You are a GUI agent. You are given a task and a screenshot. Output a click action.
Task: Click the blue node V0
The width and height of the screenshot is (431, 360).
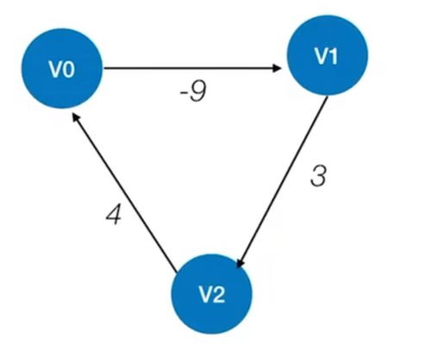tap(60, 69)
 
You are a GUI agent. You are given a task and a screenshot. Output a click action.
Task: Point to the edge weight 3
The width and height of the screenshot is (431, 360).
tap(319, 177)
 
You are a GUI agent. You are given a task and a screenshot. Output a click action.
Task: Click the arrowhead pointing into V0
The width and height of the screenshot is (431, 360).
tap(76, 115)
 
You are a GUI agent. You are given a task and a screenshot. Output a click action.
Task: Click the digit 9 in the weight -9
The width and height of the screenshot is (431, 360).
tap(197, 92)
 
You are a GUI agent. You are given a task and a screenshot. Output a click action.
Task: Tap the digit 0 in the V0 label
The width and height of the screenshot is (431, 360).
tap(66, 69)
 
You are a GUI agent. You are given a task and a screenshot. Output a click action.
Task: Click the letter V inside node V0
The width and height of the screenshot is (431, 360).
tap(53, 69)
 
